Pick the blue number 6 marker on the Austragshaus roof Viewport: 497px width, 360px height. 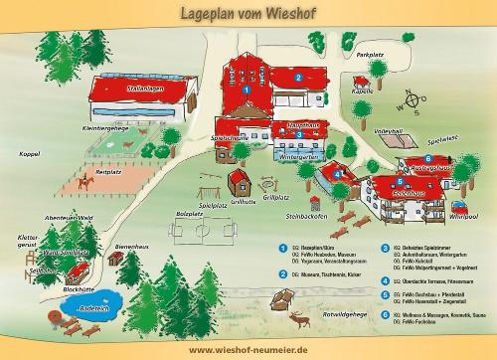427,159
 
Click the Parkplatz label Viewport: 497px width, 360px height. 370,56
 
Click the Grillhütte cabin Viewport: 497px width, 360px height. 240,181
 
